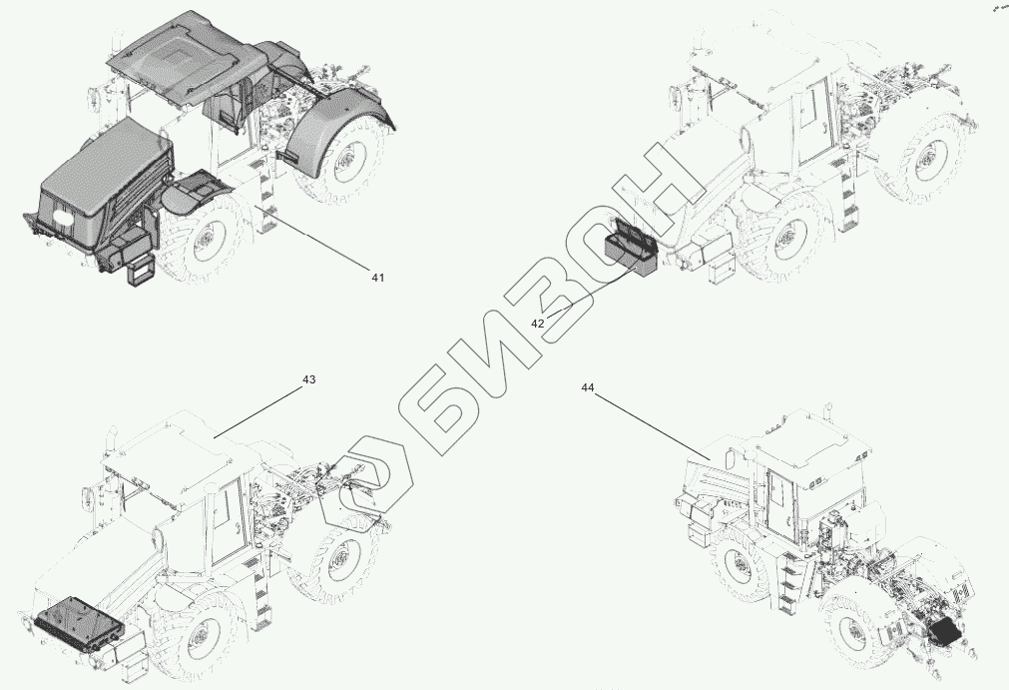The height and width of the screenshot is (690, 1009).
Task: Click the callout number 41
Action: (x=377, y=278)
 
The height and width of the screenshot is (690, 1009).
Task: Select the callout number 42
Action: (x=537, y=323)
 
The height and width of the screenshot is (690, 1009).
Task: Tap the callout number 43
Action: (x=308, y=380)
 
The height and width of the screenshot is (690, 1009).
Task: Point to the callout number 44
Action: (x=587, y=385)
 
